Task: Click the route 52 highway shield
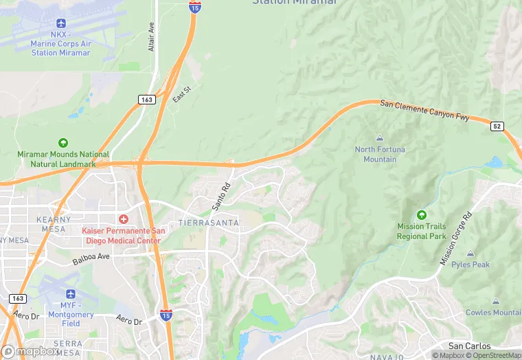(497, 126)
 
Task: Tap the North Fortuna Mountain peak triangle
(380, 138)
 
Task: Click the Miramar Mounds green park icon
(63, 143)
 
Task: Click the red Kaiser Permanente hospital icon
(123, 219)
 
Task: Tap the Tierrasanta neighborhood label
(209, 223)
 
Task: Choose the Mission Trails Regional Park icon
(422, 215)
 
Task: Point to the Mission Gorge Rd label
(457, 240)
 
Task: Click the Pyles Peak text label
(470, 265)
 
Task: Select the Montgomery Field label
(71, 319)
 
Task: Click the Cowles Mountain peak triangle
(495, 302)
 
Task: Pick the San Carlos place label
(469, 346)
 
